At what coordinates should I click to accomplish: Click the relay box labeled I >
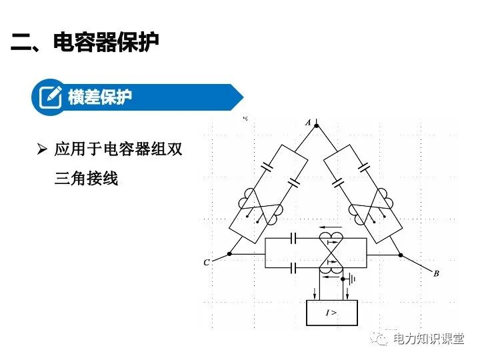click(331, 312)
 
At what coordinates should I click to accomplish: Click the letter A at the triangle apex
click(308, 122)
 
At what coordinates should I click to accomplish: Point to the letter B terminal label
click(436, 274)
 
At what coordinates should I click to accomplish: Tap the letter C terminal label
click(207, 263)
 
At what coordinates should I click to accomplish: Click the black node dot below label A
click(316, 125)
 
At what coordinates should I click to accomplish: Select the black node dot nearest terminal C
click(229, 253)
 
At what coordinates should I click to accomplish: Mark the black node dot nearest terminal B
click(400, 253)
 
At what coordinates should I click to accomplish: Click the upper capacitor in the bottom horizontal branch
click(293, 238)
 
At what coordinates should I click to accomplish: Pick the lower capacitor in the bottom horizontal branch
click(293, 268)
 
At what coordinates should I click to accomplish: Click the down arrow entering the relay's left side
click(316, 293)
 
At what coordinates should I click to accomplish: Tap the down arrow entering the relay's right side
click(347, 293)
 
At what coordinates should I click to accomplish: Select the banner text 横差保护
click(100, 97)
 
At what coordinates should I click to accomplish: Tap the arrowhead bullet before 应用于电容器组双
click(43, 149)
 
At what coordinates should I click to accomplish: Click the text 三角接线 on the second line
click(86, 178)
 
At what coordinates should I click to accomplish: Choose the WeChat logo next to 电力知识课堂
click(381, 339)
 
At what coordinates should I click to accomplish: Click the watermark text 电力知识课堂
click(429, 339)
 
